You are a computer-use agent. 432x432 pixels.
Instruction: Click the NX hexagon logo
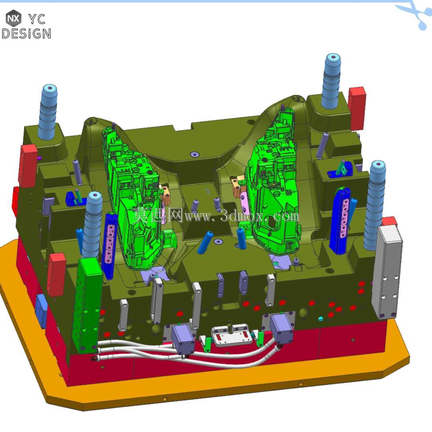tap(13, 18)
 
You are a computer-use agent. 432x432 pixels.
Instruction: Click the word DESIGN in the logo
tap(26, 34)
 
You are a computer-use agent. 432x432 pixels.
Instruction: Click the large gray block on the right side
tap(387, 271)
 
